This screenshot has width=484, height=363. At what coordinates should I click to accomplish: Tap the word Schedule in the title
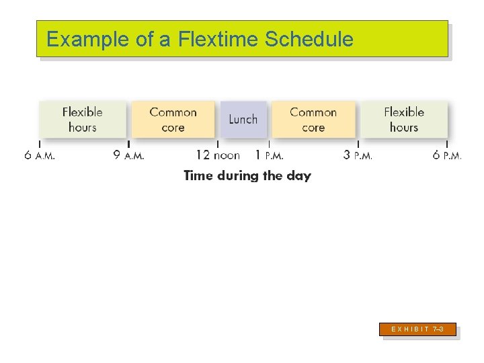pos(309,40)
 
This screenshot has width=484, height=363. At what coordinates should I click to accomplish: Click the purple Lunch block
pos(243,120)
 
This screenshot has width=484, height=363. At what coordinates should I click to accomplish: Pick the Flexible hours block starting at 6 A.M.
pos(83,120)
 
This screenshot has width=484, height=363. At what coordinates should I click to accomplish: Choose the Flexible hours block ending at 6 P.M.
pos(404,120)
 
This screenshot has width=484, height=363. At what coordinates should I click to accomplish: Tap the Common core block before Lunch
pos(173,120)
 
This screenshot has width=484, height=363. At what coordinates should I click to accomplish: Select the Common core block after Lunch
pos(313,120)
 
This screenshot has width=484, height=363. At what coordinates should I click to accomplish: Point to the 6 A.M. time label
pos(40,155)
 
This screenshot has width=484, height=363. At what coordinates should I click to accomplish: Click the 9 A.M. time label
pos(128,155)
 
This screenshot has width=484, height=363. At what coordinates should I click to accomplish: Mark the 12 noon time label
pos(218,155)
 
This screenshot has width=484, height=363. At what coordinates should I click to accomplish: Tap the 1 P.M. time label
pos(270,155)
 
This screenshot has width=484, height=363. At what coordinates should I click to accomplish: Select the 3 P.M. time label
pos(358,155)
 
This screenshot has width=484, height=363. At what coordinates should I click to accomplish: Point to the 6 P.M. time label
pos(447,155)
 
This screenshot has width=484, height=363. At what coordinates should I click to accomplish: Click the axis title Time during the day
pos(247,176)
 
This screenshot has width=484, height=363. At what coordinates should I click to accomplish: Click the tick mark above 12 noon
pos(218,143)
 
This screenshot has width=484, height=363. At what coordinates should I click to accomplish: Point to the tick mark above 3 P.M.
pos(358,143)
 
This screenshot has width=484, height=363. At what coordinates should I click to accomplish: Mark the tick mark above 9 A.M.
pos(128,143)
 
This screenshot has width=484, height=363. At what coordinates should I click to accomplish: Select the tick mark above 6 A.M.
pos(40,143)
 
